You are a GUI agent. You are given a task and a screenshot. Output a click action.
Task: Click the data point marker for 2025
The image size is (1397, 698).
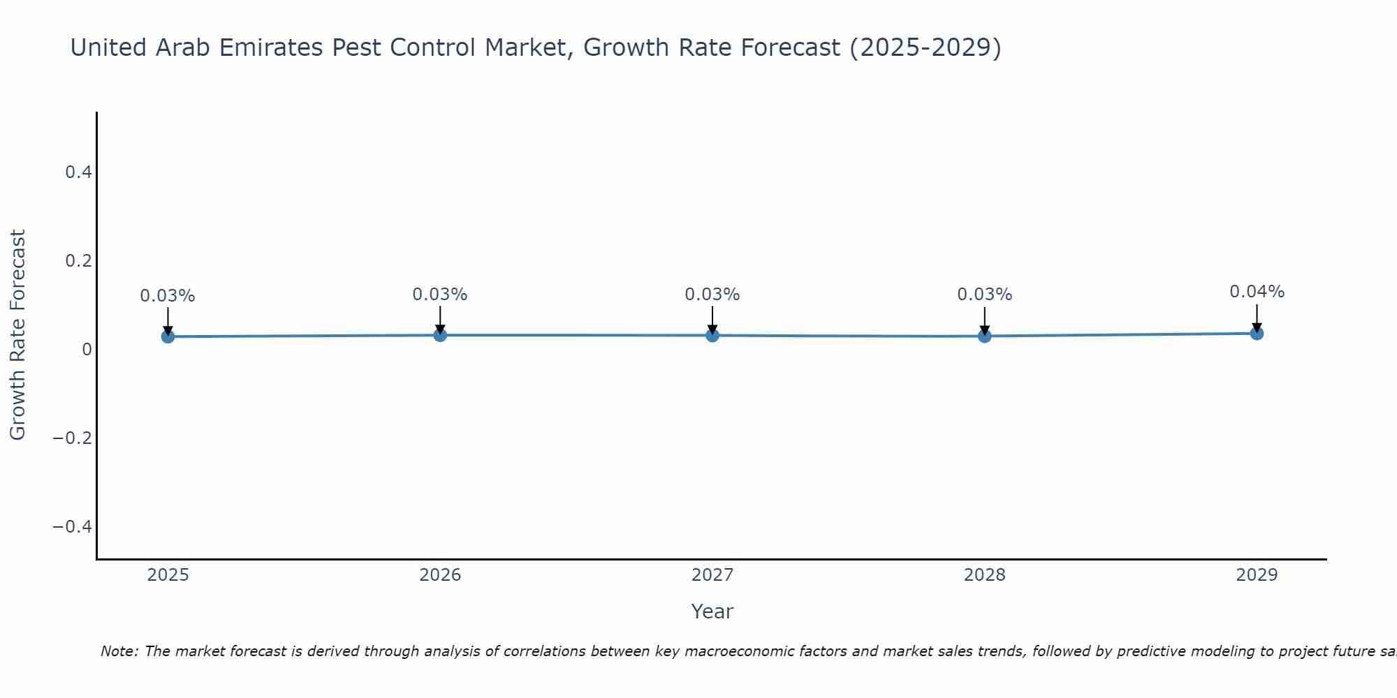coord(168,336)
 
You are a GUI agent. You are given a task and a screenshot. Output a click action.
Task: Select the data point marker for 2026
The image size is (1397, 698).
coord(440,335)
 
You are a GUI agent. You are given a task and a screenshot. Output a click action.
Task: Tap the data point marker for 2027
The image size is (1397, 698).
coord(712,335)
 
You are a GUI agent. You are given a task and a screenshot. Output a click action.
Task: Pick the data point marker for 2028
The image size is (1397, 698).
coord(984,336)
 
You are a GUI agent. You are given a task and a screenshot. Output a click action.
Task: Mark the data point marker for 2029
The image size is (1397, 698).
coord(1257,333)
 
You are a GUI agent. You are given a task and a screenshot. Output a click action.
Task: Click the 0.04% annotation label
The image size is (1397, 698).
coord(1257,292)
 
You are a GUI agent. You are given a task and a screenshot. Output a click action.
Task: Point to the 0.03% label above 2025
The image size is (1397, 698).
coord(168,296)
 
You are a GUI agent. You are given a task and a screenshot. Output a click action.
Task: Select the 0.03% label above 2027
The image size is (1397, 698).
coord(712,295)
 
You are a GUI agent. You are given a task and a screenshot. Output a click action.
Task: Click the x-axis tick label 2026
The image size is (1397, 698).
coord(440,575)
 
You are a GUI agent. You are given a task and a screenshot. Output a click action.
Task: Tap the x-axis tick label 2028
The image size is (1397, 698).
coord(984,575)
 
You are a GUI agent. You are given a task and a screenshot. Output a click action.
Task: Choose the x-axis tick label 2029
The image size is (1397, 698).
coord(1257,575)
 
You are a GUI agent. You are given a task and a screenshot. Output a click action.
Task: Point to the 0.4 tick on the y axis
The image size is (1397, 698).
coord(78,172)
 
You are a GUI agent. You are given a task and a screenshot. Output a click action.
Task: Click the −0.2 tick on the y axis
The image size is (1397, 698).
coord(72,438)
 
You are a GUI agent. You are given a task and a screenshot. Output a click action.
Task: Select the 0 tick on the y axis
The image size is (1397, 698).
coord(87,349)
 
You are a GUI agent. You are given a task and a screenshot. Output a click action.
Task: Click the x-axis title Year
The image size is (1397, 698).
coord(712,611)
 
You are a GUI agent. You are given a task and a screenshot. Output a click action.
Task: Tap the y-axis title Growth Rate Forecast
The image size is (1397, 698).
coord(17,335)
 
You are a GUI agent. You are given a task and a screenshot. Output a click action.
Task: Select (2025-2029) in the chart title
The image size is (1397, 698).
coord(925,47)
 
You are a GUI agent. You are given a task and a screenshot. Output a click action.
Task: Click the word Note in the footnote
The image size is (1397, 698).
coord(119,651)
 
